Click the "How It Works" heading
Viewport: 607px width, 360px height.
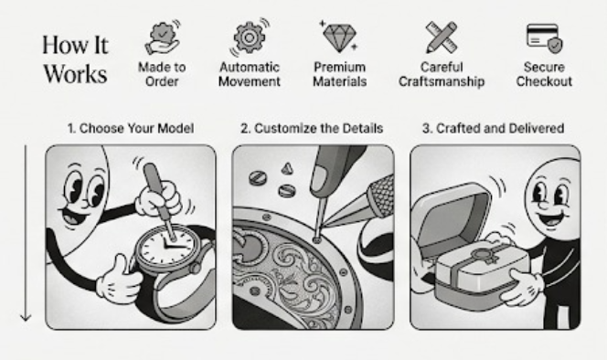(75, 59)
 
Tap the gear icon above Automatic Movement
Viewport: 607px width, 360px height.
(250, 37)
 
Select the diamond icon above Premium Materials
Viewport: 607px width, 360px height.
(339, 37)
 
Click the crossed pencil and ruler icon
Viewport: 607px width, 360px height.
(442, 37)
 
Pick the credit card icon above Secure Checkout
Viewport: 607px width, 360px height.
(544, 38)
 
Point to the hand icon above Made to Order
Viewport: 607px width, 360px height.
(162, 38)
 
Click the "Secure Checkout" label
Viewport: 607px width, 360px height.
(544, 74)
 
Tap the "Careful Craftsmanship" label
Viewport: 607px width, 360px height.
(442, 74)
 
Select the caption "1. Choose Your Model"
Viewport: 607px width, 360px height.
(131, 128)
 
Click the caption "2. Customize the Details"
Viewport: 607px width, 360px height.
(312, 128)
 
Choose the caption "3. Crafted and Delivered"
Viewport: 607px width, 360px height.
(493, 128)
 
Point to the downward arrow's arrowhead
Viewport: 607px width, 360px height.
(26, 317)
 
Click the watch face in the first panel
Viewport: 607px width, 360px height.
(167, 246)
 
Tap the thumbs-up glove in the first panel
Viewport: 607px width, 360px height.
(119, 280)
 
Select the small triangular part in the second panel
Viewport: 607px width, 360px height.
(287, 168)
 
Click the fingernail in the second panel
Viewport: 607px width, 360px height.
(319, 180)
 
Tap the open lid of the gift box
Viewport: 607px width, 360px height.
(449, 217)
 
